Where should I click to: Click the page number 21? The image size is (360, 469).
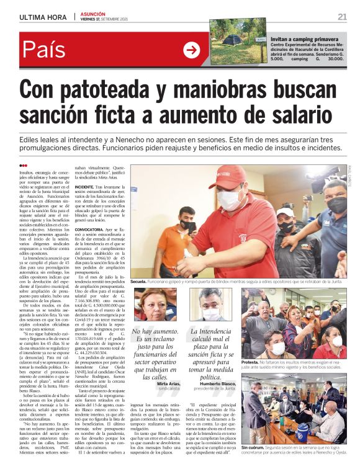coord(342,16)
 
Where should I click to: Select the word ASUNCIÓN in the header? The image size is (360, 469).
coord(92,13)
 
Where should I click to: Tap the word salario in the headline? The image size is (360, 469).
coord(302,115)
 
